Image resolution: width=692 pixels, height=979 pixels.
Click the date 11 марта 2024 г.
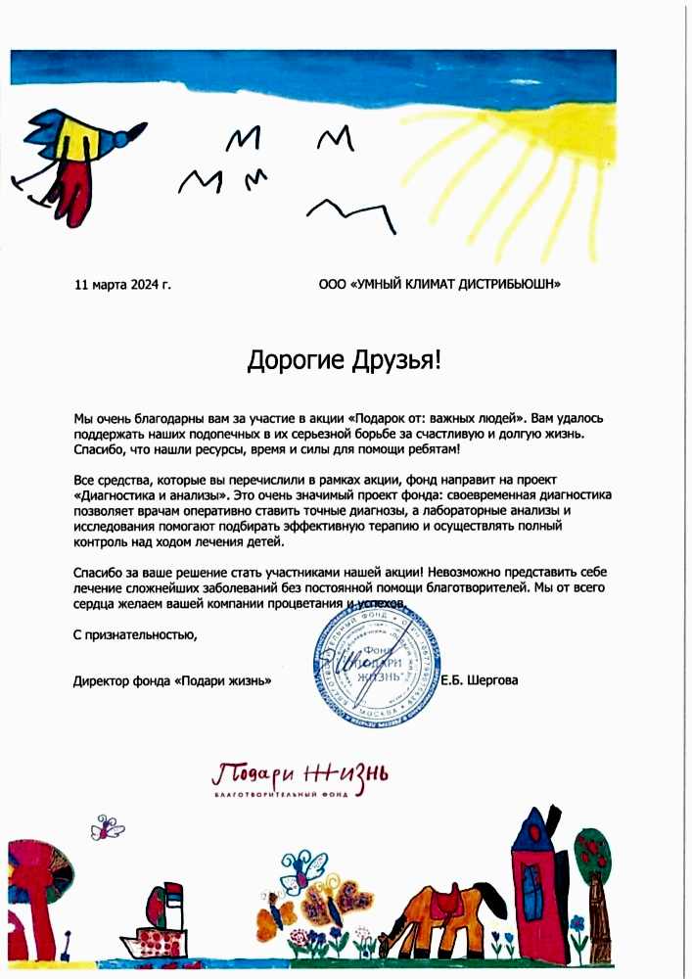pos(122,285)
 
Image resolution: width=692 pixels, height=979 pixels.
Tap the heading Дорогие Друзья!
pos(345,360)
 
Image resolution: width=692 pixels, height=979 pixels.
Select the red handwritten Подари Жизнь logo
pos(300,774)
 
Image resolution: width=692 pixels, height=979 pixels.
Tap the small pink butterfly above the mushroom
pos(108,829)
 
